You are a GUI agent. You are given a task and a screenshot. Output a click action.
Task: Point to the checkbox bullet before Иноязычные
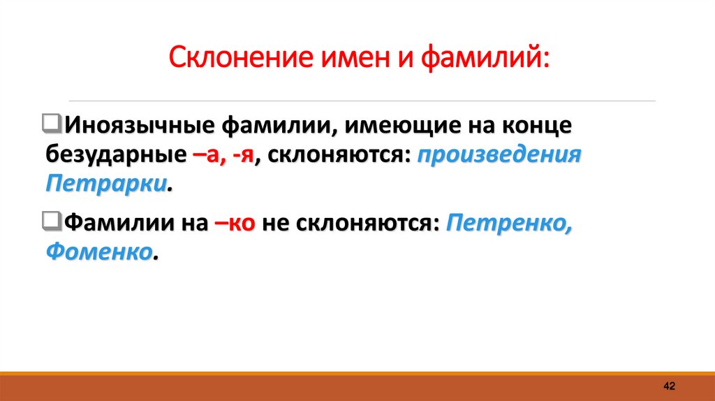pos(52,125)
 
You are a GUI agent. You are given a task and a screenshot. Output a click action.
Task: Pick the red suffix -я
pos(243,156)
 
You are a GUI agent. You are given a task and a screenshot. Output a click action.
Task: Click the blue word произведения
pos(499,156)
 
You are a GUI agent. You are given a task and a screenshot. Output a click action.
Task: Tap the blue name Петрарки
pos(107,184)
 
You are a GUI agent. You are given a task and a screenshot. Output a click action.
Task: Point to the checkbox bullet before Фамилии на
pos(52,222)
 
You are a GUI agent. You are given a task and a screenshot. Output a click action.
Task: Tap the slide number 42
pos(669,386)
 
